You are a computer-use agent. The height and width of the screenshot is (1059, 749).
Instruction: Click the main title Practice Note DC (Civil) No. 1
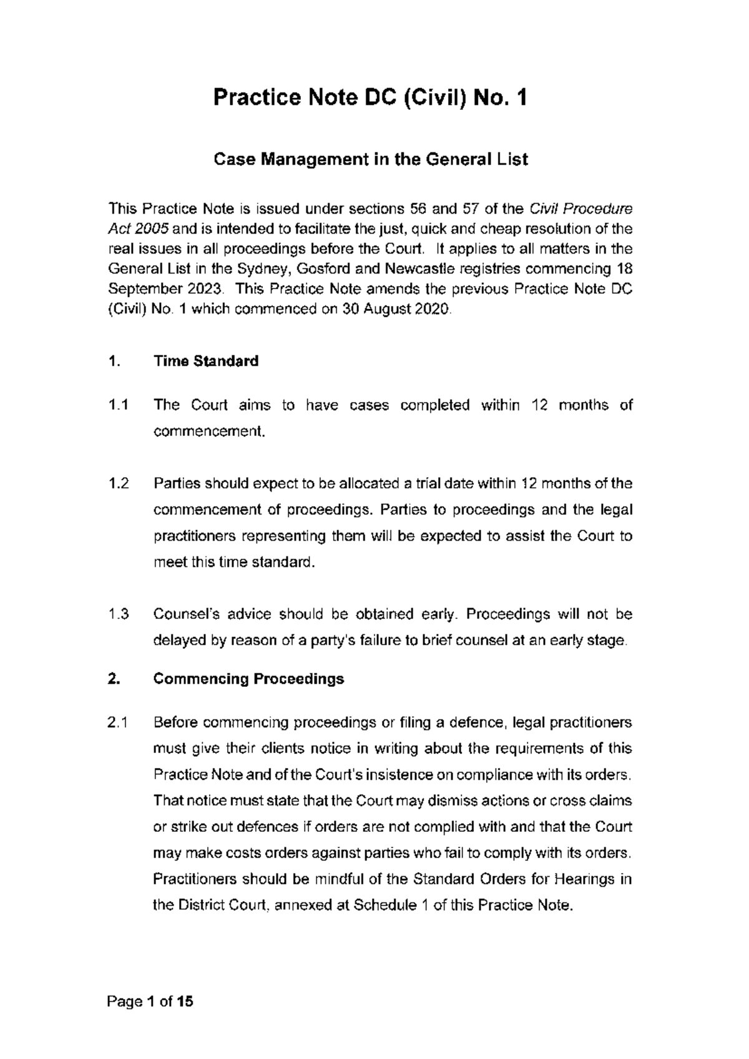(x=371, y=98)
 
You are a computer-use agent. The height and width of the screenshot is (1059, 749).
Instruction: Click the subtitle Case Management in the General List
(x=371, y=160)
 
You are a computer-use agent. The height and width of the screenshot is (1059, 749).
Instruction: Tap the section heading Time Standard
(x=206, y=362)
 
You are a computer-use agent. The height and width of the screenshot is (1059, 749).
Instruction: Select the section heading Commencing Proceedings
(x=248, y=679)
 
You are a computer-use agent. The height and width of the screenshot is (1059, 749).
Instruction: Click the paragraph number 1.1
(x=118, y=405)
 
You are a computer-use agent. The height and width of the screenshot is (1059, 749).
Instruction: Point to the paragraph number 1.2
(x=118, y=484)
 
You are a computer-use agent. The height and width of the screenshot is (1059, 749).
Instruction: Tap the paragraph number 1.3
(x=118, y=614)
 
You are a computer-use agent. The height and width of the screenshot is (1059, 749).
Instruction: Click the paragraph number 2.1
(x=118, y=723)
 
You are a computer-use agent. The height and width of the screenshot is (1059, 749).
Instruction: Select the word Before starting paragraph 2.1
(x=176, y=723)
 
